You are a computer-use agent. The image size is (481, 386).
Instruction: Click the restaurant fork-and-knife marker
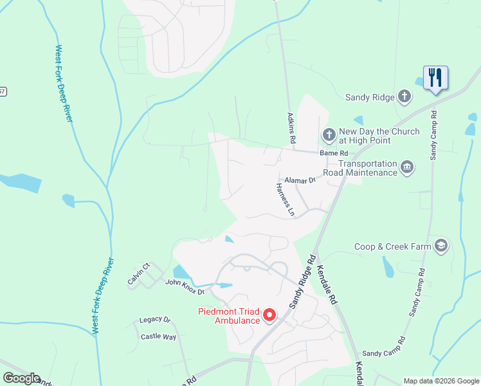[435, 78]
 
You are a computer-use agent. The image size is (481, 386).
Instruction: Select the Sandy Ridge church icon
[404, 97]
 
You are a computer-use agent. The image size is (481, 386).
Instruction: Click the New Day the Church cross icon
[329, 135]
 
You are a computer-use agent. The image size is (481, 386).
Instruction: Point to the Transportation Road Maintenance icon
[406, 168]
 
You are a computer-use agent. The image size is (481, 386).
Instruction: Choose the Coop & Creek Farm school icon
[440, 246]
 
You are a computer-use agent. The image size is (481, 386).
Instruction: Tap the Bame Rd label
[334, 153]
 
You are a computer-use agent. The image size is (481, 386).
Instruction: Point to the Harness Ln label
[285, 199]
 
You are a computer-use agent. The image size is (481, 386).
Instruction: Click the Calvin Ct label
[138, 274]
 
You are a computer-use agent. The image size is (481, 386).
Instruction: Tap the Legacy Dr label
[155, 320]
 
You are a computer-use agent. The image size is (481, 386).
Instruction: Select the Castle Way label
[158, 336]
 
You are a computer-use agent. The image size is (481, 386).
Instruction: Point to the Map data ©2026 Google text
[440, 381]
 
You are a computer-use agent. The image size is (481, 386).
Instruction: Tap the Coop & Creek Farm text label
[392, 246]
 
